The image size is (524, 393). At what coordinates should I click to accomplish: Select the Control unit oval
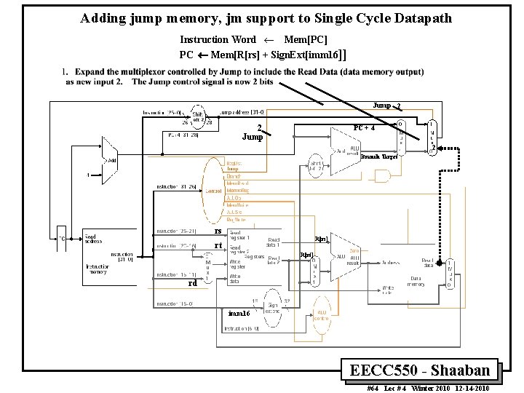(x=213, y=191)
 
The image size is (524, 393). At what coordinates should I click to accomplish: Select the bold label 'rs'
(x=217, y=231)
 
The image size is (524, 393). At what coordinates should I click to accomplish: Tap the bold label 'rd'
(x=192, y=284)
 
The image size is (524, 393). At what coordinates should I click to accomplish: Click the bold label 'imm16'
(x=239, y=313)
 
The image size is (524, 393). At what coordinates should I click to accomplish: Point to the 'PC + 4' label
(x=363, y=128)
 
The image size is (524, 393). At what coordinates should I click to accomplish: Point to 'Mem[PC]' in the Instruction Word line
(x=305, y=39)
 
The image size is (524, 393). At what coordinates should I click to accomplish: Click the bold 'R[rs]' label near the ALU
(x=321, y=239)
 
